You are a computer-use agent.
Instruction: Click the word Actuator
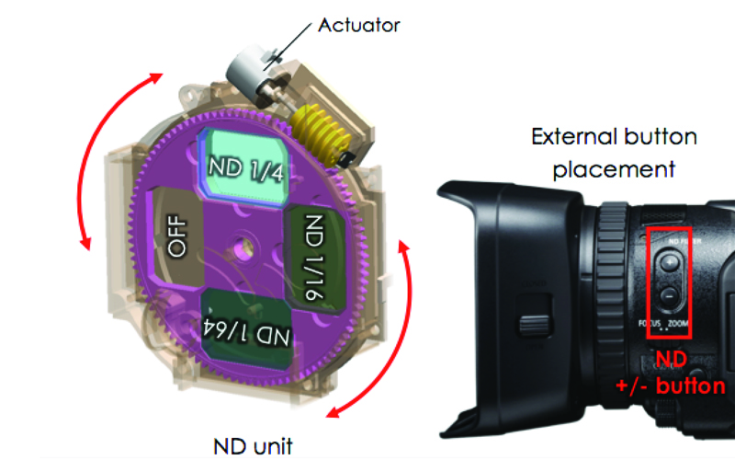[x=359, y=25]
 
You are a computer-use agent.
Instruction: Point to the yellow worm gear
[x=322, y=133]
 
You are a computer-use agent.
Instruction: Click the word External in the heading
[x=571, y=138]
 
